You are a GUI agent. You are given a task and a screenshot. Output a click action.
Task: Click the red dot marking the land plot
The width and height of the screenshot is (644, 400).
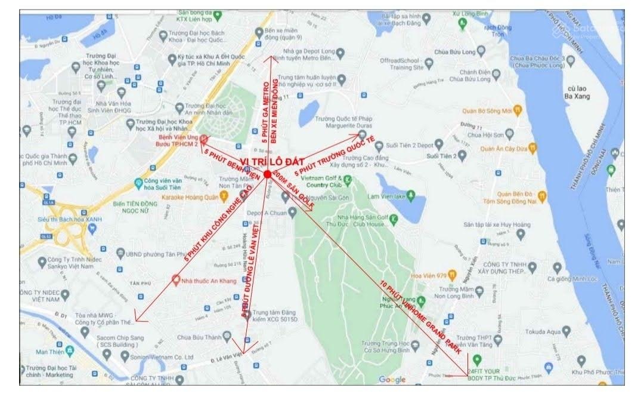point(267,174)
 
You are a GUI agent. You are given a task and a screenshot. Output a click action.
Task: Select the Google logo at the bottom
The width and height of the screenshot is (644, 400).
point(392,380)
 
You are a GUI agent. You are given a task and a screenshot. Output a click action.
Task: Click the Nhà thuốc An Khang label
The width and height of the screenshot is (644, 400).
point(210,278)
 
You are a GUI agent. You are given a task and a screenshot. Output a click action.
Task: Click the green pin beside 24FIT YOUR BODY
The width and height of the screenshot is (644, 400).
point(476,361)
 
